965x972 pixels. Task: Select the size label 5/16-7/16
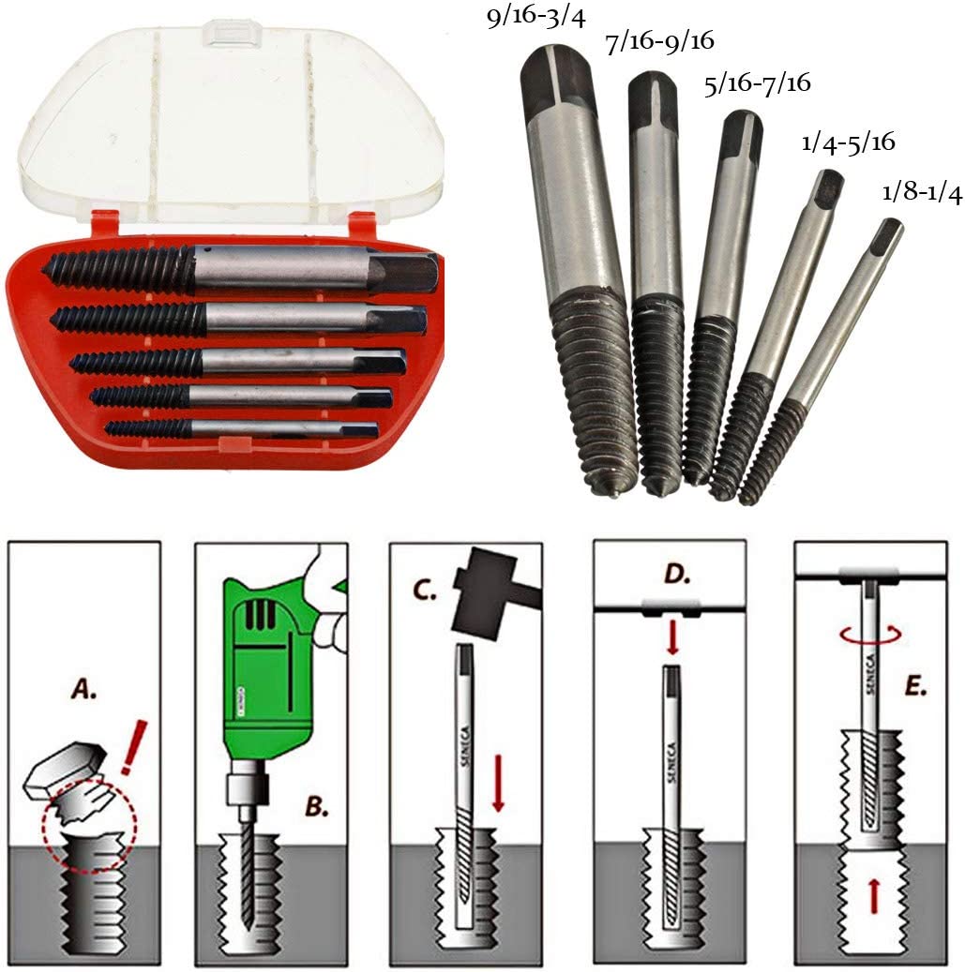point(756,83)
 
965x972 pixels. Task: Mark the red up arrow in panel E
point(874,895)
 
